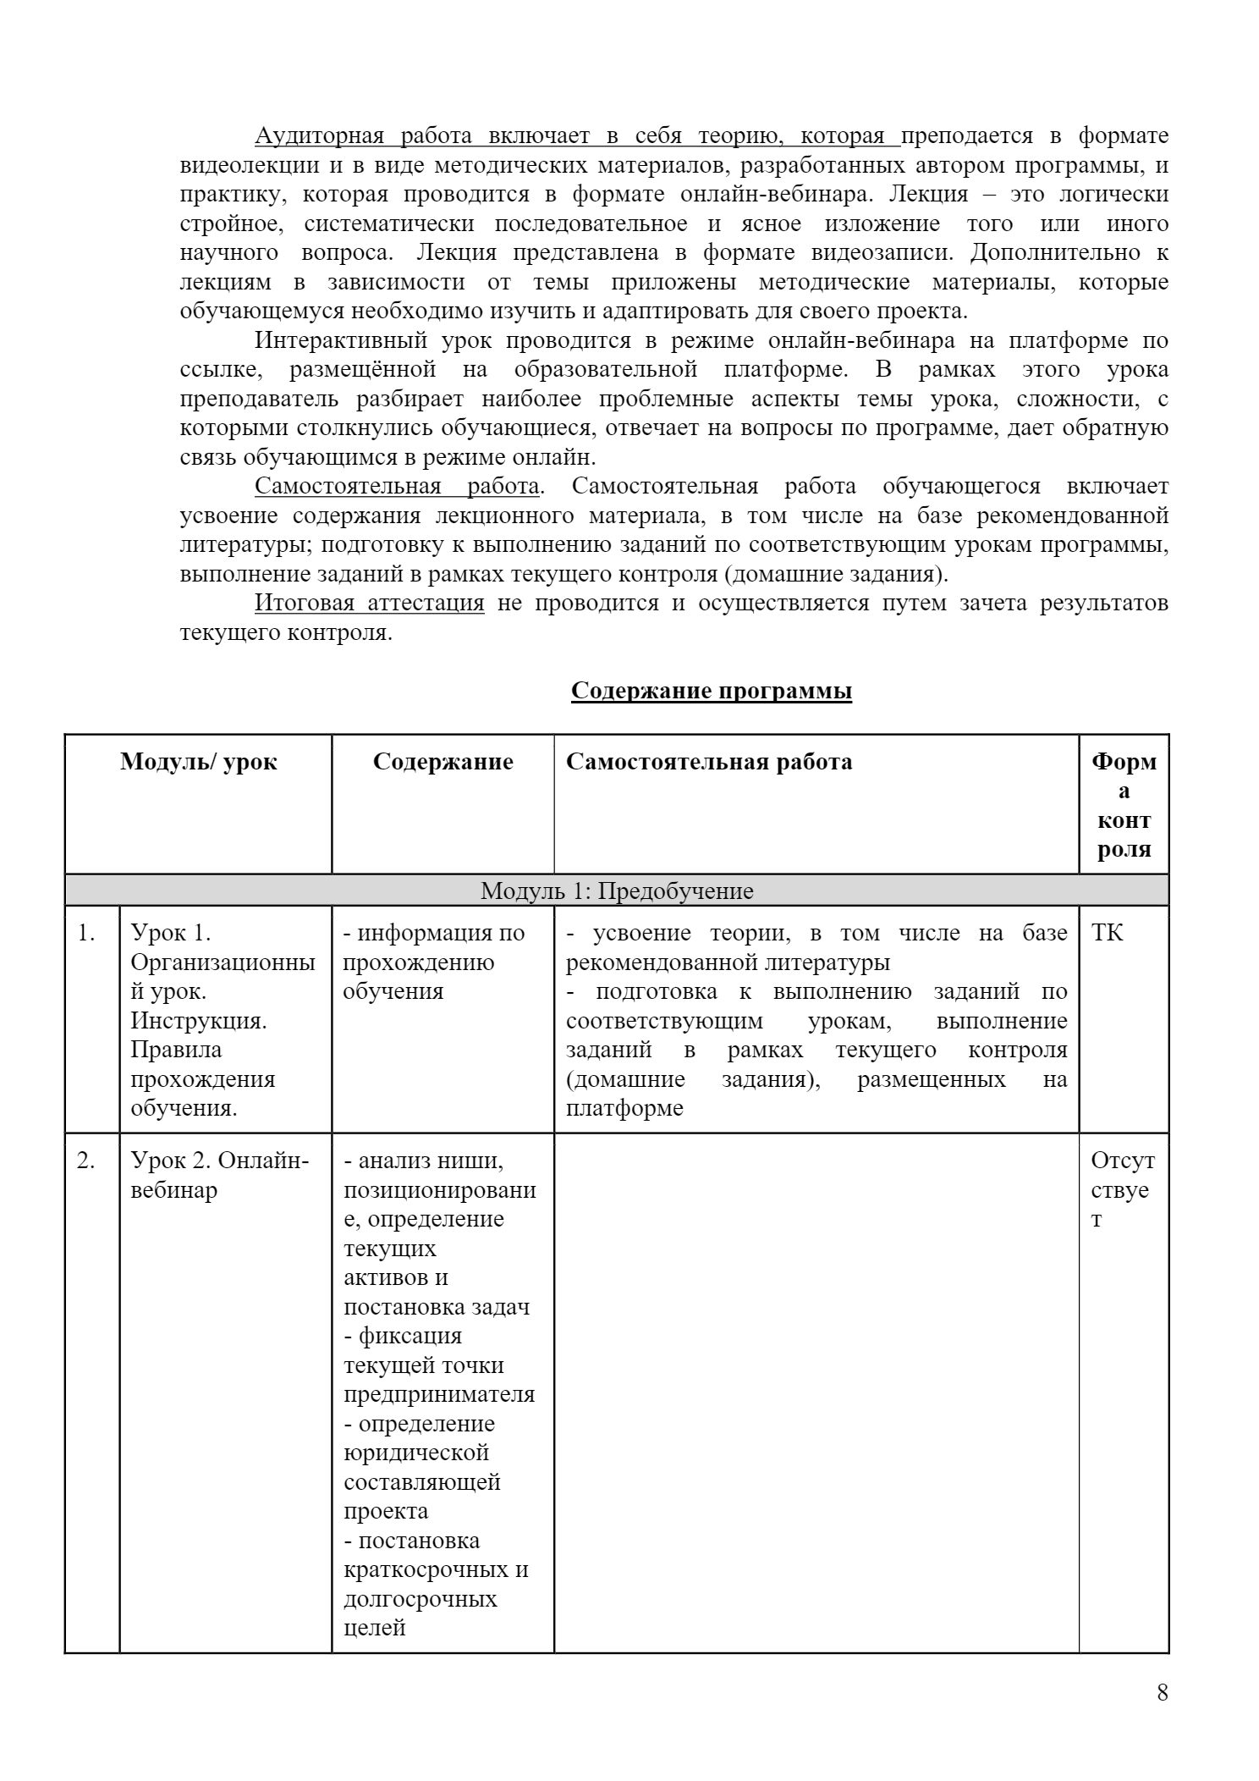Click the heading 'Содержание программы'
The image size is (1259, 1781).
click(711, 691)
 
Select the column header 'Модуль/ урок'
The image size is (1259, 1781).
click(198, 762)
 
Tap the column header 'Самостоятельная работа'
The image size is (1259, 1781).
click(709, 762)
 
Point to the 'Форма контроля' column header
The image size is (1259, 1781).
click(1124, 805)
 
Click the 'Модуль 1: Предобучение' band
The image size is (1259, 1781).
click(617, 890)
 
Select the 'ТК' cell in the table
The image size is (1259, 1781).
click(1108, 933)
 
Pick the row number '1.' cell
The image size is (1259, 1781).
click(87, 933)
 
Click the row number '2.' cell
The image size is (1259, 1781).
click(87, 1161)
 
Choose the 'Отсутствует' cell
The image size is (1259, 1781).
click(1123, 1189)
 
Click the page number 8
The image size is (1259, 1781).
click(1162, 1692)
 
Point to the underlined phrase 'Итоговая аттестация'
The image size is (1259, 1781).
click(370, 603)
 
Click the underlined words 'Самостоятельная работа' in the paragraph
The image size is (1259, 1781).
click(397, 486)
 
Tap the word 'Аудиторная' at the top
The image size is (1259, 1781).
click(320, 135)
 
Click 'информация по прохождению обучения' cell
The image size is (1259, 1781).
click(433, 962)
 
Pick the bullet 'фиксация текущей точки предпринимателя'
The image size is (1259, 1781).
click(438, 1365)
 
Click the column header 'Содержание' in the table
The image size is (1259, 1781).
click(443, 762)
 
